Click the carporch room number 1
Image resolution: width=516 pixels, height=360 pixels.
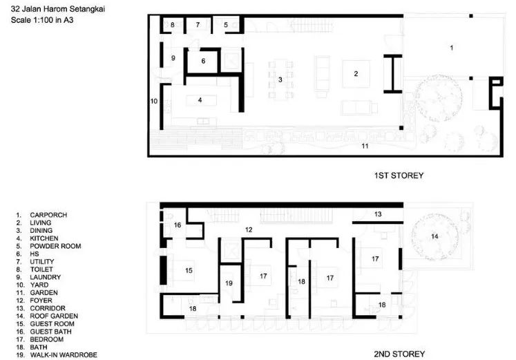click(452, 48)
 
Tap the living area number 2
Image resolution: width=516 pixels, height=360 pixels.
click(356, 74)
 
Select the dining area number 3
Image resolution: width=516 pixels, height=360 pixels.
click(280, 79)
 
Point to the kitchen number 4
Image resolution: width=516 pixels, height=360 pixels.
click(200, 100)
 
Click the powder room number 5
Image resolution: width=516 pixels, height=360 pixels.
click(226, 25)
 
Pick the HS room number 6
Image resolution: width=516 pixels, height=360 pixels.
click(203, 61)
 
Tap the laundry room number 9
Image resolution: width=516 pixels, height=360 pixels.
click(173, 58)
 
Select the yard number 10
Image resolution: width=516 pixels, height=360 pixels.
click(154, 101)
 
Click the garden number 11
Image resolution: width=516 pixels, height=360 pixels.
click(365, 146)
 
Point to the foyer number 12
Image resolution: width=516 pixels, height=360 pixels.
click(249, 229)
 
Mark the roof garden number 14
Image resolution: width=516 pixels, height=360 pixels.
click(434, 236)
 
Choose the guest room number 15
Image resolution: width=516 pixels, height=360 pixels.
click(189, 270)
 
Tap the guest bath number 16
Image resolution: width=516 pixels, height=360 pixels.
click(178, 225)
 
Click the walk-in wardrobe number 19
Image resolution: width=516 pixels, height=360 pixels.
click(229, 283)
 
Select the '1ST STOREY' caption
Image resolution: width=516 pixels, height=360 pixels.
click(399, 176)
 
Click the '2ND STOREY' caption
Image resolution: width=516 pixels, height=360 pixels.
click(399, 354)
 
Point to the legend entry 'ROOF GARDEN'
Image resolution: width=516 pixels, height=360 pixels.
click(54, 316)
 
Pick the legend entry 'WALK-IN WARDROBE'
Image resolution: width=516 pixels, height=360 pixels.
click(64, 355)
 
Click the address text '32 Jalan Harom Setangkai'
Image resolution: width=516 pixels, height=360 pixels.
click(58, 9)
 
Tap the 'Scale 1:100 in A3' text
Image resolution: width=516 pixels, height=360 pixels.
click(42, 20)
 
